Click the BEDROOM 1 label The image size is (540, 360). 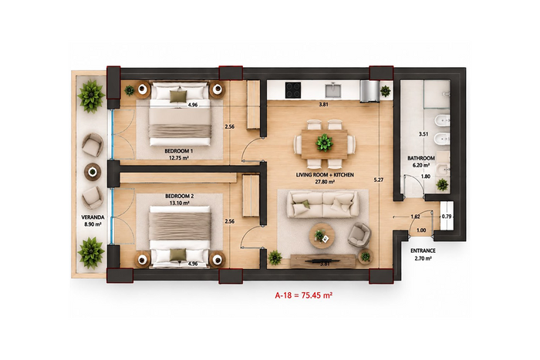click(178, 151)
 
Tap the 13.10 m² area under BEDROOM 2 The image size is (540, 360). click(179, 203)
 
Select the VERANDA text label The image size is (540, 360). click(93, 217)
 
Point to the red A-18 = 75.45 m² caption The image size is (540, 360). click(303, 295)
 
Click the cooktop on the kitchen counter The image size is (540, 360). click(292, 90)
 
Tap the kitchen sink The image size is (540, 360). click(333, 90)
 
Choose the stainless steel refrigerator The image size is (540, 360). click(370, 91)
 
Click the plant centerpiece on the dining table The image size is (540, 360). click(324, 142)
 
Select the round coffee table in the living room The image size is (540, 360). click(322, 236)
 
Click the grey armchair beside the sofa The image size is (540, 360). click(359, 234)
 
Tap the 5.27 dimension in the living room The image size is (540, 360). click(379, 180)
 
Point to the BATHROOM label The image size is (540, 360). click(421, 158)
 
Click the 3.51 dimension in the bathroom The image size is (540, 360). click(424, 134)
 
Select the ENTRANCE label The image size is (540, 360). click(423, 251)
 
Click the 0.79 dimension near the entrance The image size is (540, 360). click(447, 217)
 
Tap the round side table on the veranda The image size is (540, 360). click(93, 171)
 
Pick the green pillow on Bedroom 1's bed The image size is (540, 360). click(178, 96)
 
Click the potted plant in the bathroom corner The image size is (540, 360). click(442, 185)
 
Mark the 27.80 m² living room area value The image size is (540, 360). click(325, 182)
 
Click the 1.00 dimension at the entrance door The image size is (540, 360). click(421, 230)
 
